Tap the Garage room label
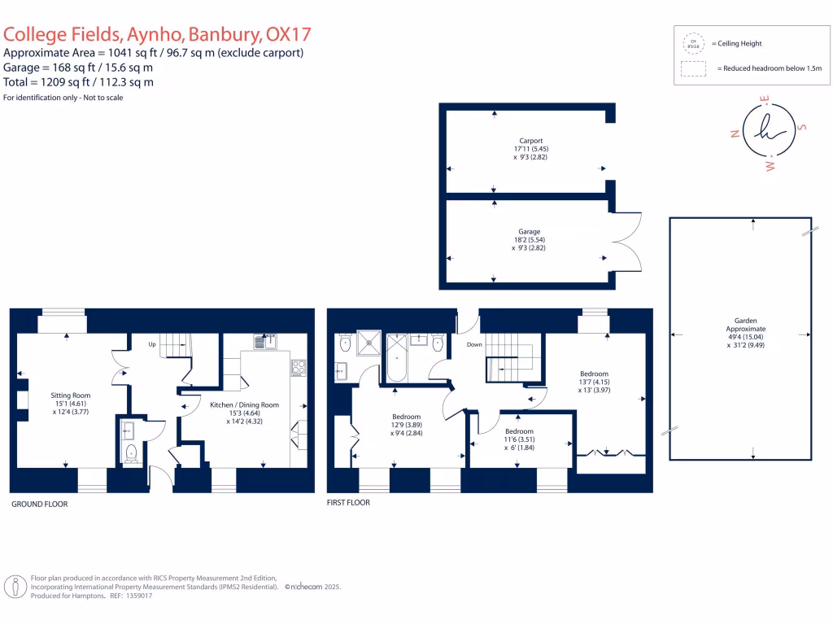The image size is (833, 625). (530, 232)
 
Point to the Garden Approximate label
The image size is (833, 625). (740, 321)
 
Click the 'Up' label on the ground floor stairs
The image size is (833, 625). (151, 344)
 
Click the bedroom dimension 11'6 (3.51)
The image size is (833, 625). (518, 439)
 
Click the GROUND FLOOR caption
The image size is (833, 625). (39, 505)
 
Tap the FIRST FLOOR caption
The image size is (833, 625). (348, 503)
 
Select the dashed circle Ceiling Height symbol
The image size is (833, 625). (694, 43)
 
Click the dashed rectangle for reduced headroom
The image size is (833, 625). (694, 69)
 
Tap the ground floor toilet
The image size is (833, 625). (131, 452)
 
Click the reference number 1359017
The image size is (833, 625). (135, 596)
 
